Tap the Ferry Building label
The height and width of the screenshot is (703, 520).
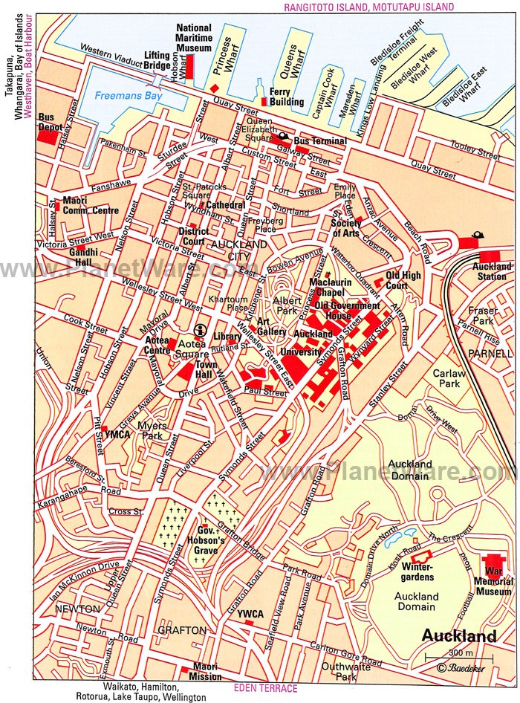[x=286, y=97]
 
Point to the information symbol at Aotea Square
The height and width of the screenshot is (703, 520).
[x=198, y=330]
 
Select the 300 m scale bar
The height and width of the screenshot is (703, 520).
[x=448, y=657]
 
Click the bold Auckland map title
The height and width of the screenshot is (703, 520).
[x=459, y=636]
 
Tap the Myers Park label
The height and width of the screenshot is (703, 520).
[x=157, y=430]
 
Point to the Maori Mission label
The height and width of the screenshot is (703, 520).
[x=206, y=672]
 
